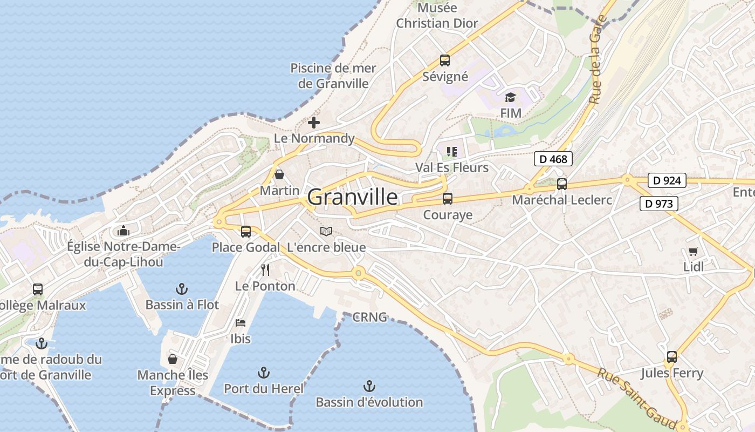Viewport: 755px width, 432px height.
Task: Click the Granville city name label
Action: [x=353, y=198]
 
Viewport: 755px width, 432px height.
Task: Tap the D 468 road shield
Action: [x=553, y=159]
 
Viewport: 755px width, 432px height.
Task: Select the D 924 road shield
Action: [x=667, y=180]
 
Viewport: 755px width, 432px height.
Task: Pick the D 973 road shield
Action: [x=659, y=204]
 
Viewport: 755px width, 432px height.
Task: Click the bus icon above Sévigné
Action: [x=444, y=60]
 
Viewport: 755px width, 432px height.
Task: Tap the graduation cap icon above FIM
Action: [x=510, y=97]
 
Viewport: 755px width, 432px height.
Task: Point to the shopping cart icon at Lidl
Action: [x=693, y=251]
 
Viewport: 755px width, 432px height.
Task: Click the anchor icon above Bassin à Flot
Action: [x=182, y=289]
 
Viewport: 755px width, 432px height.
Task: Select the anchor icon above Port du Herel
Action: [x=263, y=373]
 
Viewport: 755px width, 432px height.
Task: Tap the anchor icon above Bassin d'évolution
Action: [x=369, y=386]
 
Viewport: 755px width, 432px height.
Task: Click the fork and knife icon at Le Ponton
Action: [x=265, y=269]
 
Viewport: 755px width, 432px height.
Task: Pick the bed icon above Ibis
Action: [x=241, y=323]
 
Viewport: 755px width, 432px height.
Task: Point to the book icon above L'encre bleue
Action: [x=326, y=232]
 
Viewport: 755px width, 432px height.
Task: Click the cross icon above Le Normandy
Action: [x=314, y=123]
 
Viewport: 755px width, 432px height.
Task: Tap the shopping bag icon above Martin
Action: [x=279, y=174]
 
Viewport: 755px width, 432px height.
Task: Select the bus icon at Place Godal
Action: [x=246, y=232]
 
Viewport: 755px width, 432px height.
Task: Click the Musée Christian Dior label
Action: [x=437, y=16]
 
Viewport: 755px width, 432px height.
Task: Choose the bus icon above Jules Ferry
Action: [x=671, y=357]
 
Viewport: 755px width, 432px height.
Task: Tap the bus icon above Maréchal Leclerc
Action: [x=561, y=184]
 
